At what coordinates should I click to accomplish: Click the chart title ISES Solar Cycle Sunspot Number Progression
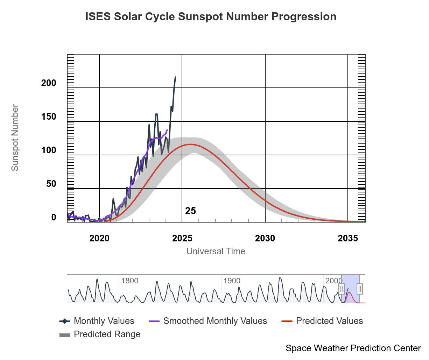tap(211, 17)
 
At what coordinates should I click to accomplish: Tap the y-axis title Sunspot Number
tap(15, 137)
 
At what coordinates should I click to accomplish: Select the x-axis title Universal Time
tap(216, 251)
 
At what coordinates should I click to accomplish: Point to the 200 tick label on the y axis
tap(49, 83)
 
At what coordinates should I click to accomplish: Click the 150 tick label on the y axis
tap(49, 117)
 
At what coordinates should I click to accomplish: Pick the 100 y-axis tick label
tap(49, 150)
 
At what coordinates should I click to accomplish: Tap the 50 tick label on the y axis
tap(51, 184)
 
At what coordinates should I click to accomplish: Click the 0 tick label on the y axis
tap(54, 217)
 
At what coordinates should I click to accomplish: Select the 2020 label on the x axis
tap(99, 238)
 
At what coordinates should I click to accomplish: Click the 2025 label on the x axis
tap(182, 238)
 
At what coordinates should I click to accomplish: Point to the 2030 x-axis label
tap(265, 238)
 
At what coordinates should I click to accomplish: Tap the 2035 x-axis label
tap(347, 238)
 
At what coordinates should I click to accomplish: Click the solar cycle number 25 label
tap(190, 211)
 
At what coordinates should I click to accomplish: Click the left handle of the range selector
tap(342, 289)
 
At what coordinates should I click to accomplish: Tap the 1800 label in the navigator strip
tap(129, 281)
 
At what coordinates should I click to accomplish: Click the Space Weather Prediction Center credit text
tap(353, 348)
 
